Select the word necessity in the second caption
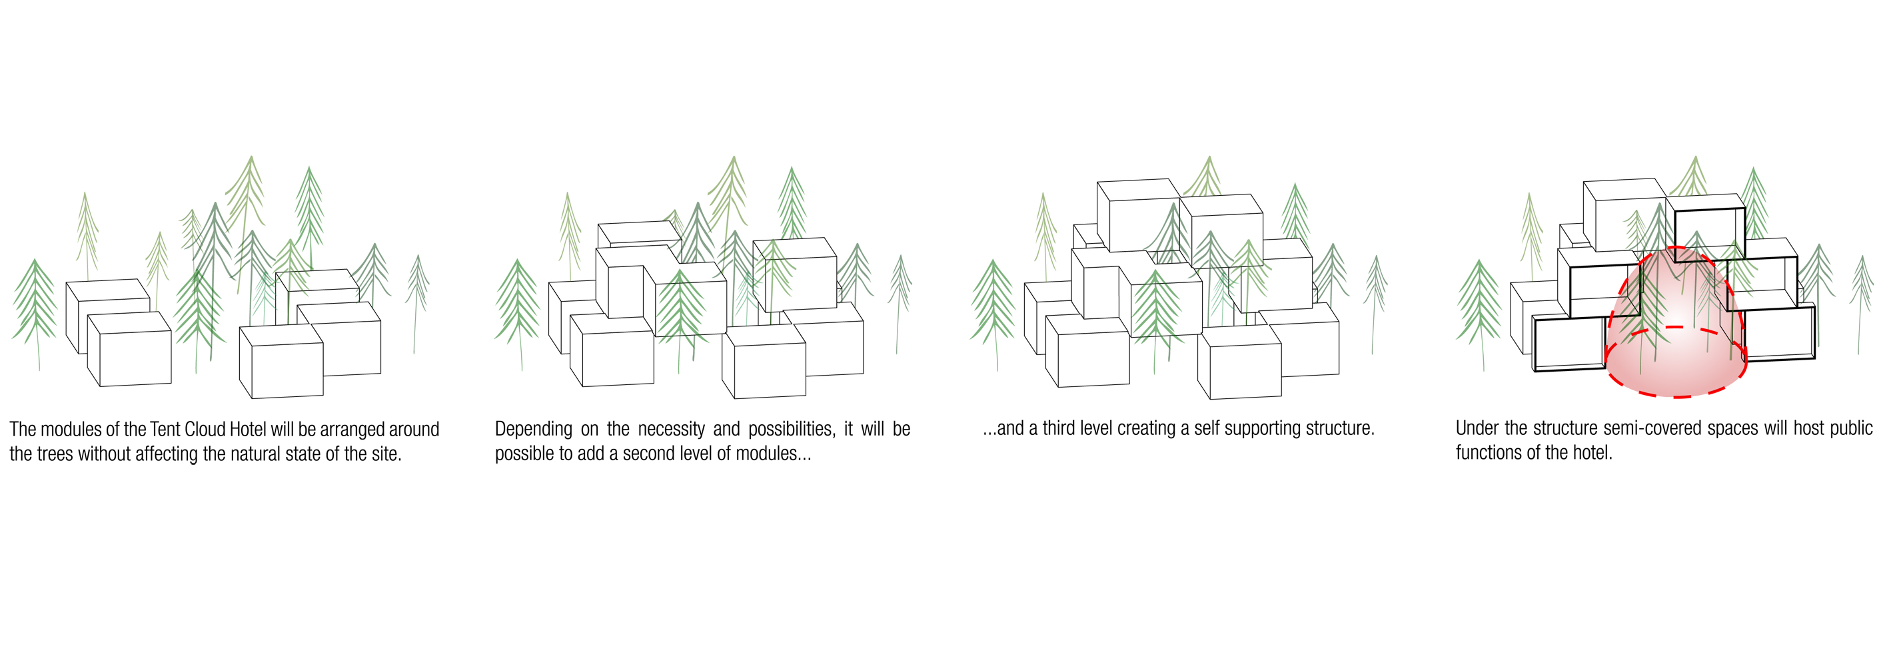(x=671, y=430)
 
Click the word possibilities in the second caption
(x=791, y=429)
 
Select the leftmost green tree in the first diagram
(x=35, y=307)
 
